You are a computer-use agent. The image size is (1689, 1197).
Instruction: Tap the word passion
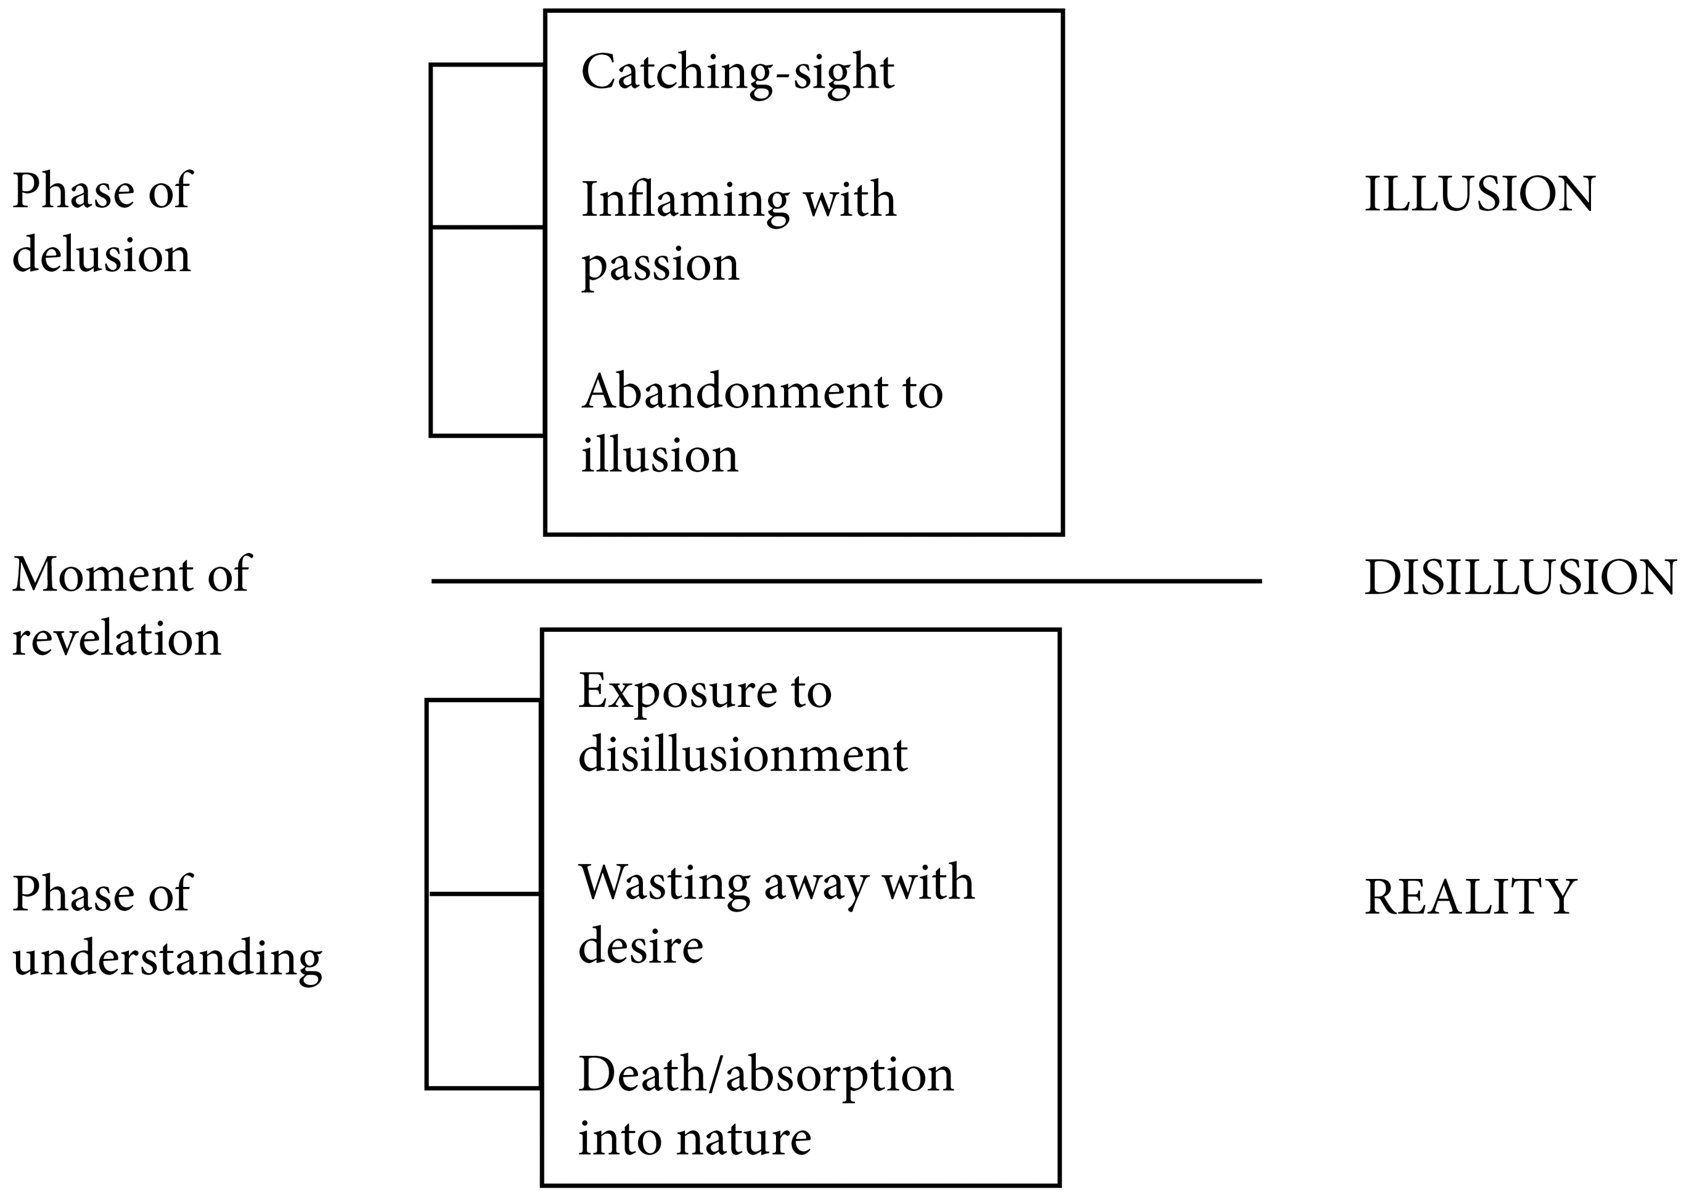[660, 265]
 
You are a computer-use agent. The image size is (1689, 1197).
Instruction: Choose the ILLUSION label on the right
[1479, 195]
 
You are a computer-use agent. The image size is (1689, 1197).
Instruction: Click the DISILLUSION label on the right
[1519, 578]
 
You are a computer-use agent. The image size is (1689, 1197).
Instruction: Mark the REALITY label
[1470, 897]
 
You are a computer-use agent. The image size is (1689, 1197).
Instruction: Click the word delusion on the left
[101, 256]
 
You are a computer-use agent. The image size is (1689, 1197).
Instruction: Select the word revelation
[116, 639]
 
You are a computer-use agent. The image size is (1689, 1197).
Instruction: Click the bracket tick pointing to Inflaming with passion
[487, 227]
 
